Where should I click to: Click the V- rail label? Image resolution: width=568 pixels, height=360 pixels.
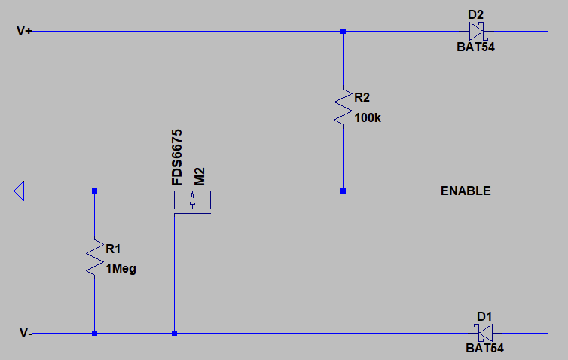[x=26, y=333]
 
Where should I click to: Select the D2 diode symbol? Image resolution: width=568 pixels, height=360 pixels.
[x=476, y=32]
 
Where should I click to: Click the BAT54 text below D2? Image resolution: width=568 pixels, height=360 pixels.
[x=476, y=47]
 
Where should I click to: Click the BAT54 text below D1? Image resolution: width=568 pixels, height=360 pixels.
[x=484, y=349]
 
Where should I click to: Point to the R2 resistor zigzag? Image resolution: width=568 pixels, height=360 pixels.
[x=343, y=107]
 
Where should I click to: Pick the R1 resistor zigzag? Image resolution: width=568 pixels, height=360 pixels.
[x=94, y=258]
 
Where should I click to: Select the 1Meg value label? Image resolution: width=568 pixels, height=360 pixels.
[x=121, y=268]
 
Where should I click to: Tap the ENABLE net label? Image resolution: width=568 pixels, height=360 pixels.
[x=466, y=191]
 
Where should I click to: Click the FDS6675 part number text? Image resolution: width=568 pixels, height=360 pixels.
[x=177, y=157]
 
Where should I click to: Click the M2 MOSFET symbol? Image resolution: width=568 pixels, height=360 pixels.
[x=192, y=202]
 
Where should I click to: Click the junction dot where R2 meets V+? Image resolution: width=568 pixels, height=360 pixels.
[x=343, y=32]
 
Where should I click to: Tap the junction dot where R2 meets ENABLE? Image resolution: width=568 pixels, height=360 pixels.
[x=343, y=191]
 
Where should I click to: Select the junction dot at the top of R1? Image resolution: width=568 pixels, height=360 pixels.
[x=94, y=191]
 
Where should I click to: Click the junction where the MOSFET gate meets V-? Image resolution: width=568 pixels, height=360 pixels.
[x=174, y=333]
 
